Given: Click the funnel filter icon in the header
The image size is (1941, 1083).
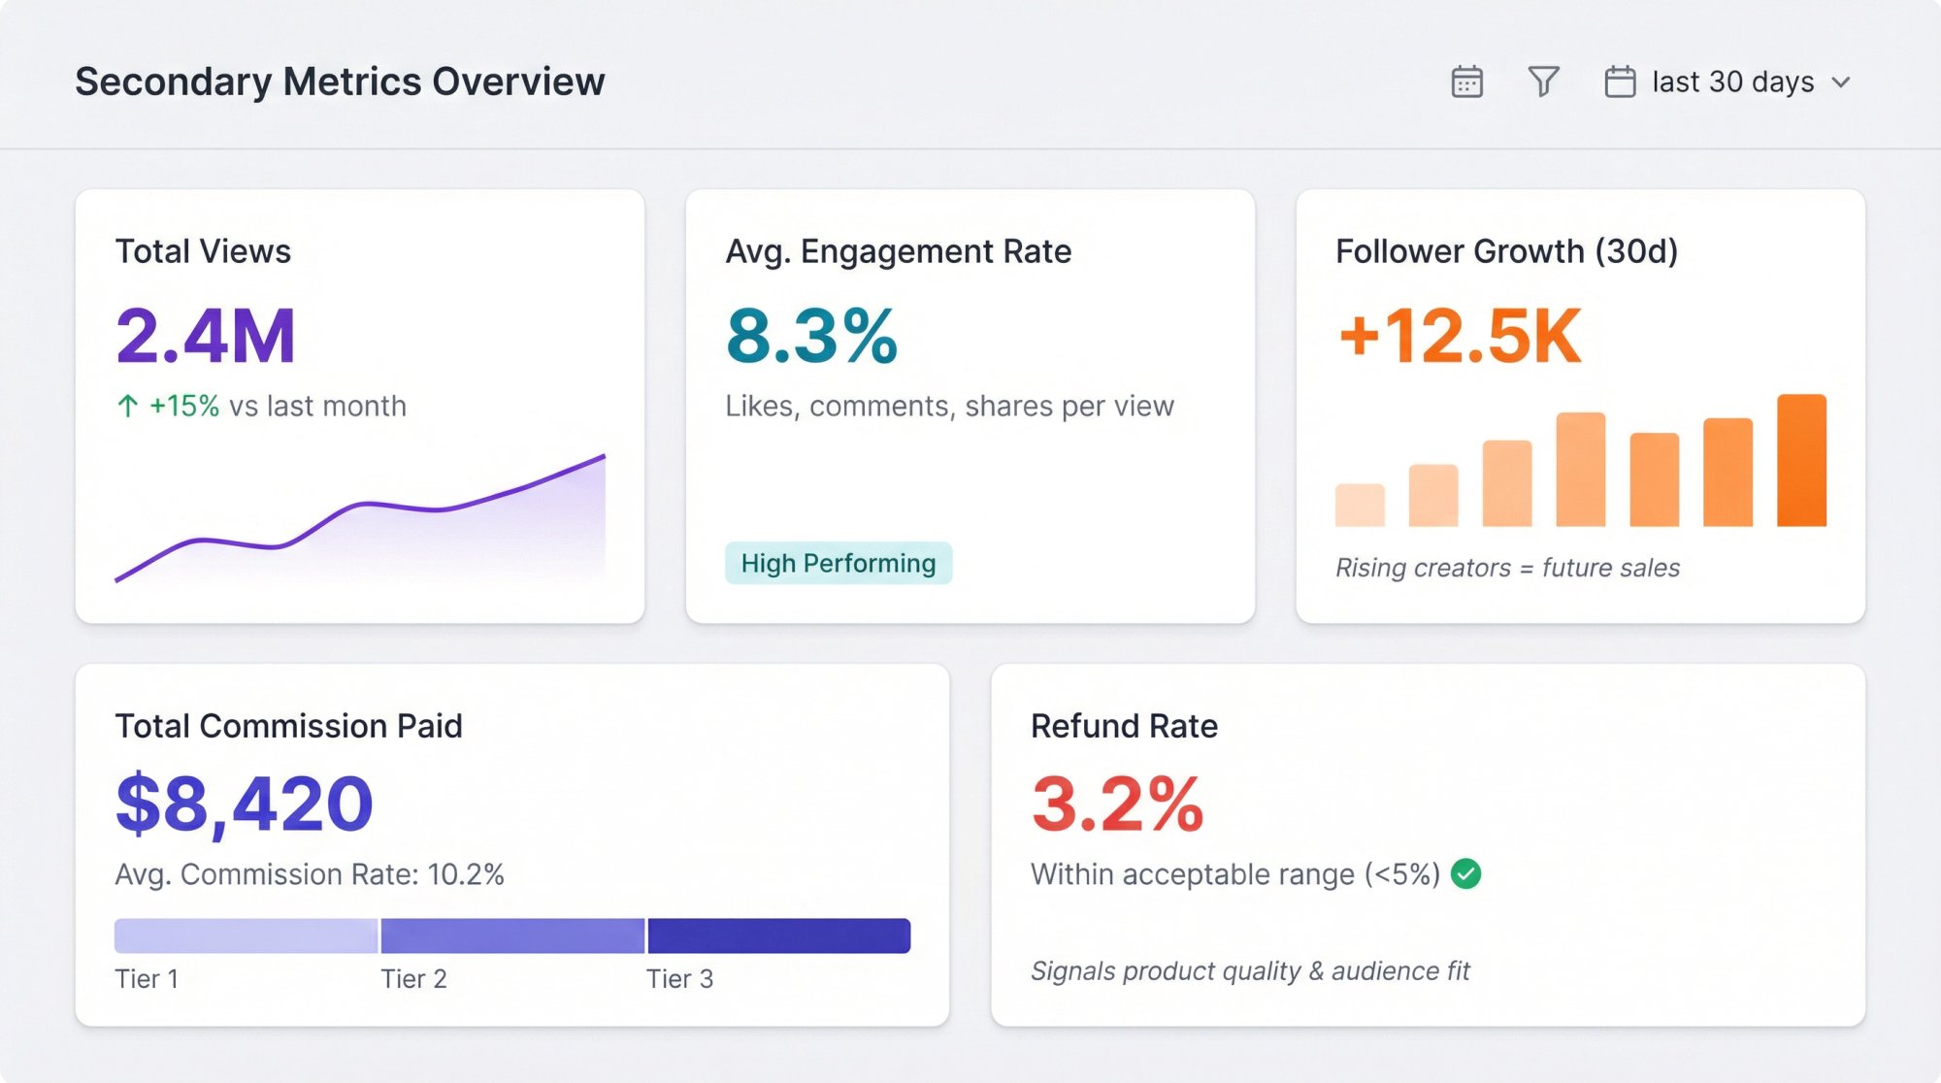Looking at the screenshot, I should click(1543, 82).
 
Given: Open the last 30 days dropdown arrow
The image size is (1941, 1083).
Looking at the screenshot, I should click(1841, 82).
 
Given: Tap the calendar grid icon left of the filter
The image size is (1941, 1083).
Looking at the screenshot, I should click(1466, 82).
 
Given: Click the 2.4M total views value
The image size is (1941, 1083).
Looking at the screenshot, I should click(206, 336).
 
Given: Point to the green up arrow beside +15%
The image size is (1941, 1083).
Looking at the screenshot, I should click(127, 406).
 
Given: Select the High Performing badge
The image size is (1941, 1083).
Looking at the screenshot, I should click(838, 563).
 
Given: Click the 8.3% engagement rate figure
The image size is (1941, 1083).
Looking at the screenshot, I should click(811, 336).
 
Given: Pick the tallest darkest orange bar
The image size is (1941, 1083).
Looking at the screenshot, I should click(1801, 461).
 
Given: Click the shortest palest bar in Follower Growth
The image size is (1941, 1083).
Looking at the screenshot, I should click(1360, 505).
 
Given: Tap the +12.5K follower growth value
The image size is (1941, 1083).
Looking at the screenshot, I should click(1460, 336).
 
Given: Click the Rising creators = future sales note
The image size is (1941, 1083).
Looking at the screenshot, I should click(1507, 568).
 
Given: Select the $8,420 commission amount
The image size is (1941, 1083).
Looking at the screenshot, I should click(245, 804).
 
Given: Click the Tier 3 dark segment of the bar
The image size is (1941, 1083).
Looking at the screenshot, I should click(778, 935).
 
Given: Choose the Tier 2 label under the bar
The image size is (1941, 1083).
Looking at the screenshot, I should click(413, 978).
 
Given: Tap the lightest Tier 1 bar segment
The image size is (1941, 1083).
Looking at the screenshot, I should click(246, 935).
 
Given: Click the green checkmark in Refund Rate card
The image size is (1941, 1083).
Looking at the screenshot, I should click(1465, 874).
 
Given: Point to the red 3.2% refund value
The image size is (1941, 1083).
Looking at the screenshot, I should click(1117, 804).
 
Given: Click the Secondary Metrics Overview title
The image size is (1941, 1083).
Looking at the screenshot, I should click(340, 82).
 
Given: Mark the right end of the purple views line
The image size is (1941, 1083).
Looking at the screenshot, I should click(603, 456).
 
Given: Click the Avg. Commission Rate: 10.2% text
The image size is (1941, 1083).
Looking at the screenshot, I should click(310, 874).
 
